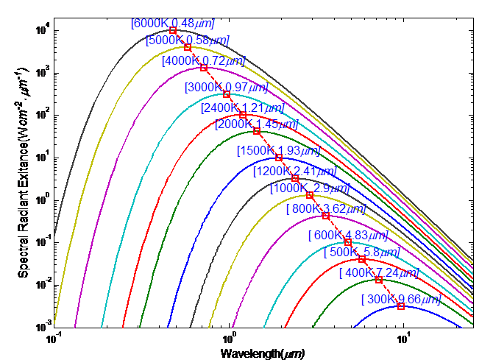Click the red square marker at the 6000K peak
tap(173, 30)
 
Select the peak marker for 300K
tap(401, 306)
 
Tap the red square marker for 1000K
tap(310, 195)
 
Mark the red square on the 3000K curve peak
tap(227, 94)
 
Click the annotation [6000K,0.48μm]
tap(171, 23)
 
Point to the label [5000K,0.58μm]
tap(187, 40)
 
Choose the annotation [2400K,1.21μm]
tap(241, 107)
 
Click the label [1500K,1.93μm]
tap(278, 151)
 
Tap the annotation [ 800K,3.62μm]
tap(325, 208)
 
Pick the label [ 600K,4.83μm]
tap(347, 235)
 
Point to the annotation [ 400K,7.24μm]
tap(379, 273)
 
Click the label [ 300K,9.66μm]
tap(401, 299)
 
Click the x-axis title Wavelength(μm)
tap(263, 353)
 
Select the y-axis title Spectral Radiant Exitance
tap(23, 177)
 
